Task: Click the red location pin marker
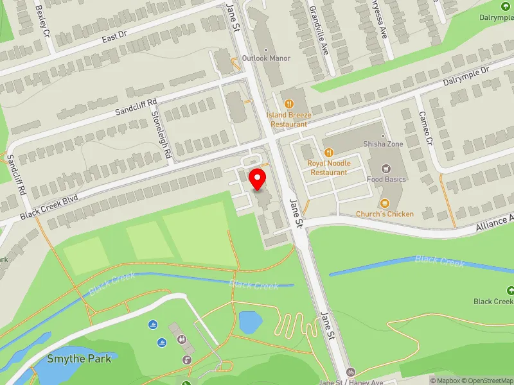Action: pyautogui.click(x=258, y=179)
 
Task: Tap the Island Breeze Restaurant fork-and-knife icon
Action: pyautogui.click(x=289, y=103)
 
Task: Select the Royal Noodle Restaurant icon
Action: pyautogui.click(x=328, y=152)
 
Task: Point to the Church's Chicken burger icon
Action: pyautogui.click(x=385, y=203)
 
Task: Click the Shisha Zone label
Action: pyautogui.click(x=383, y=144)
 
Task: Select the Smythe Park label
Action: pyautogui.click(x=80, y=358)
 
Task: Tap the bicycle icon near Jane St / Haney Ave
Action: pyautogui.click(x=350, y=372)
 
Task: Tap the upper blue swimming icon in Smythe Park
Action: pyautogui.click(x=153, y=325)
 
